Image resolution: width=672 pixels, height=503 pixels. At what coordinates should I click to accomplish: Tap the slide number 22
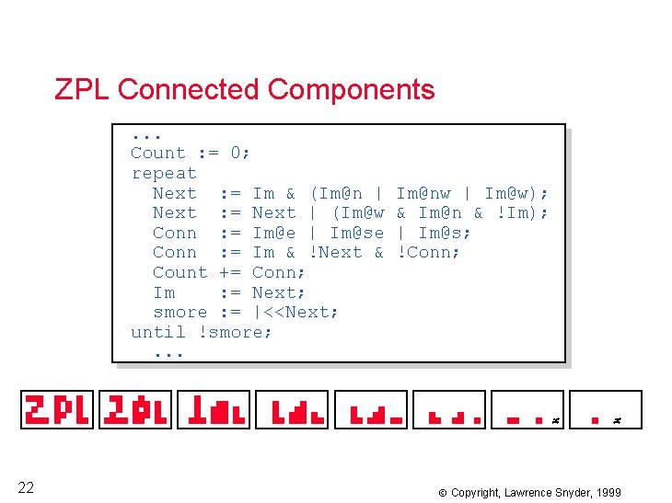coord(26,487)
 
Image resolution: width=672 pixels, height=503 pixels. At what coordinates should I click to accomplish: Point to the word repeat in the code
coord(164,173)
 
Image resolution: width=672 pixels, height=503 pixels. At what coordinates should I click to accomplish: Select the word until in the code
coord(158,332)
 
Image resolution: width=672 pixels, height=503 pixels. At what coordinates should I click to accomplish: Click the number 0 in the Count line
coord(236,153)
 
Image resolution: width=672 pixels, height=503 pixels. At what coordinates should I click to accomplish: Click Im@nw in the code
coord(423,193)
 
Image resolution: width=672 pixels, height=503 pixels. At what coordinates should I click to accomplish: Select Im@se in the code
coord(356,233)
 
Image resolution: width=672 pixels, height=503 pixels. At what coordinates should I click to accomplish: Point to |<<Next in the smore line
coord(295,312)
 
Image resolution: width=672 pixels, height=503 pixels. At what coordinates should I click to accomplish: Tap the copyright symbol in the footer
coord(442,493)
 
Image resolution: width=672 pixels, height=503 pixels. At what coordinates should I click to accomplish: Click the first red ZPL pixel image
coord(58,409)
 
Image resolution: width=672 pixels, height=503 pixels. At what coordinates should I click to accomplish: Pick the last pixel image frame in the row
coord(605,409)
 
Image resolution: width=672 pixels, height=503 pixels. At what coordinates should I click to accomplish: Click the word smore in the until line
coord(236,332)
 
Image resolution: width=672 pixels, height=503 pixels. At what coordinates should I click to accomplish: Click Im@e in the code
coord(274,233)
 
